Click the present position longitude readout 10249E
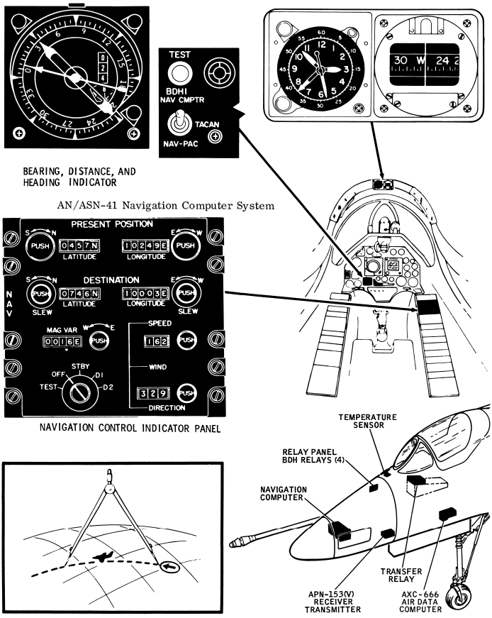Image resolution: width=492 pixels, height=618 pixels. pyautogui.click(x=145, y=245)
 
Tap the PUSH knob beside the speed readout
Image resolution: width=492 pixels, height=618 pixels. pyautogui.click(x=186, y=341)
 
